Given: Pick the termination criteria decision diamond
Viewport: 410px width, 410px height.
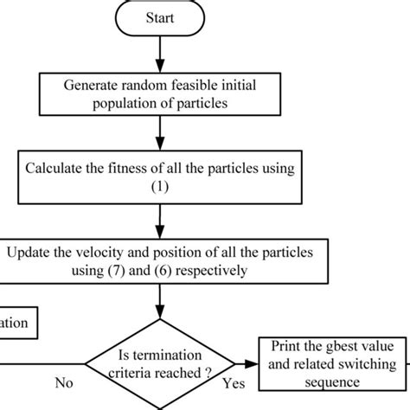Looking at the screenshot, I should pyautogui.click(x=159, y=368).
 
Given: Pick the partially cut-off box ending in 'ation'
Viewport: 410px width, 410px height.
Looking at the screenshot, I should pyautogui.click(x=17, y=324).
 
